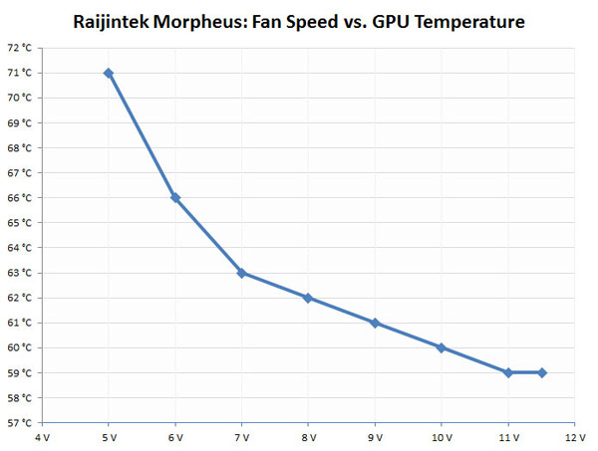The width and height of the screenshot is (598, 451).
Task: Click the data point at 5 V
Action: click(109, 73)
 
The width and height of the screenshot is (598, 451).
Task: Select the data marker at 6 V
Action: click(175, 198)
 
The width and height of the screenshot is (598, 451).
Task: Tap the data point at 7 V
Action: click(241, 273)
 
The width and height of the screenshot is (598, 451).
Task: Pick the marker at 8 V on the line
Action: click(308, 298)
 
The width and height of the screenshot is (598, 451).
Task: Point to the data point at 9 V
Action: click(375, 323)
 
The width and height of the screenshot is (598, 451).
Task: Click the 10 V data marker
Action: click(442, 347)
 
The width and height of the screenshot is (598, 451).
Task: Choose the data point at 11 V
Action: click(508, 372)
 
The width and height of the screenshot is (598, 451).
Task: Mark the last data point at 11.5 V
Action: click(541, 372)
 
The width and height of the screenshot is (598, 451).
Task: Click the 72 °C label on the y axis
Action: click(20, 48)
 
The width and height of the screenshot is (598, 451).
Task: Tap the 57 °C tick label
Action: click(20, 423)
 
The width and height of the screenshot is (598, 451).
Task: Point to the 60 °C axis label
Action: click(20, 347)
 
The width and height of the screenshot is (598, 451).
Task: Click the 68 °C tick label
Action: click(20, 147)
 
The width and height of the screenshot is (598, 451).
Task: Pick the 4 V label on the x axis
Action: click(42, 437)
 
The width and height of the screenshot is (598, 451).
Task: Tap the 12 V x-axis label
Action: click(574, 437)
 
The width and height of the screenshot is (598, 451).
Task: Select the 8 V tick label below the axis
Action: click(308, 437)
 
